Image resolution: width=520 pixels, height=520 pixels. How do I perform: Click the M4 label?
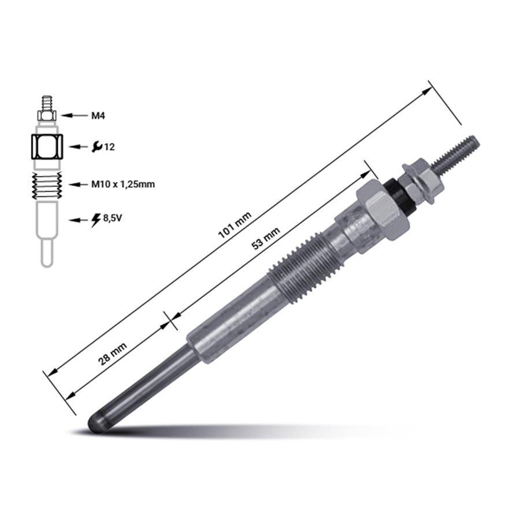[98, 116]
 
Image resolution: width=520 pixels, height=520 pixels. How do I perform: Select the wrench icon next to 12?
[97, 146]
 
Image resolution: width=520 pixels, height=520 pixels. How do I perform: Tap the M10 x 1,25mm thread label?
[123, 184]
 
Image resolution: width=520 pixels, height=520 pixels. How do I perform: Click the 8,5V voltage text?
[113, 218]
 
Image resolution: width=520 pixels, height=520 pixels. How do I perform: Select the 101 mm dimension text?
[235, 225]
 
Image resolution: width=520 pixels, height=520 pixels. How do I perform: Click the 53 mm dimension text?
[266, 239]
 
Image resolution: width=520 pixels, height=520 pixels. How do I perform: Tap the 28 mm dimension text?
[113, 354]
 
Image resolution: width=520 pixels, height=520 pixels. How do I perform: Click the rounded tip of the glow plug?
[96, 422]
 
